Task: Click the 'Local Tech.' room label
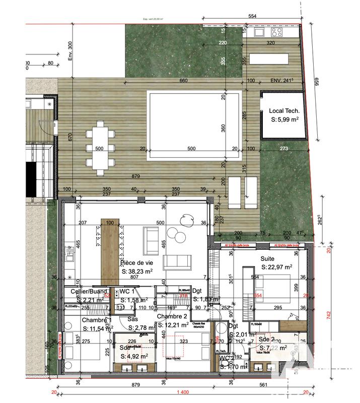[x=285, y=111]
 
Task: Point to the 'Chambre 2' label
[x=172, y=316]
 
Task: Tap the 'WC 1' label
[x=126, y=291]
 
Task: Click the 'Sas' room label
[x=132, y=319]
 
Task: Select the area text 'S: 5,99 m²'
[x=285, y=120]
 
